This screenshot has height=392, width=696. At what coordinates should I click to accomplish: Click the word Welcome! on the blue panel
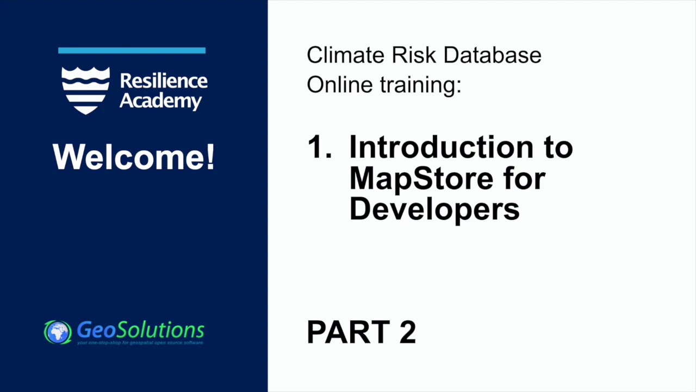click(134, 157)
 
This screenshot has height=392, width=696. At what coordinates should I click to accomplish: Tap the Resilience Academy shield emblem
click(85, 90)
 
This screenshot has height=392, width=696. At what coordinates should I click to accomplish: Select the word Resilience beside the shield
click(164, 81)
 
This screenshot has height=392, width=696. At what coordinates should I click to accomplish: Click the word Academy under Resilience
click(160, 101)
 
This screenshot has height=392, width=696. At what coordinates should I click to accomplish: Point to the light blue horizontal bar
click(132, 51)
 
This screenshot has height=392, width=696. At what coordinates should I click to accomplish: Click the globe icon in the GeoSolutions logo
click(58, 332)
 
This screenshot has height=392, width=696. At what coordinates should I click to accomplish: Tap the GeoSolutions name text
click(140, 329)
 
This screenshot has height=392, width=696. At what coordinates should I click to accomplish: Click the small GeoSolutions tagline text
click(140, 343)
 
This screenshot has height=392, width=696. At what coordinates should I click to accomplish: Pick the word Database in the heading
click(492, 55)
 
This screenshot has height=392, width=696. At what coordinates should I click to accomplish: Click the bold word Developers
click(434, 209)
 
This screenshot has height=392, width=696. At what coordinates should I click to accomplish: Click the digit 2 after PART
click(408, 332)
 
